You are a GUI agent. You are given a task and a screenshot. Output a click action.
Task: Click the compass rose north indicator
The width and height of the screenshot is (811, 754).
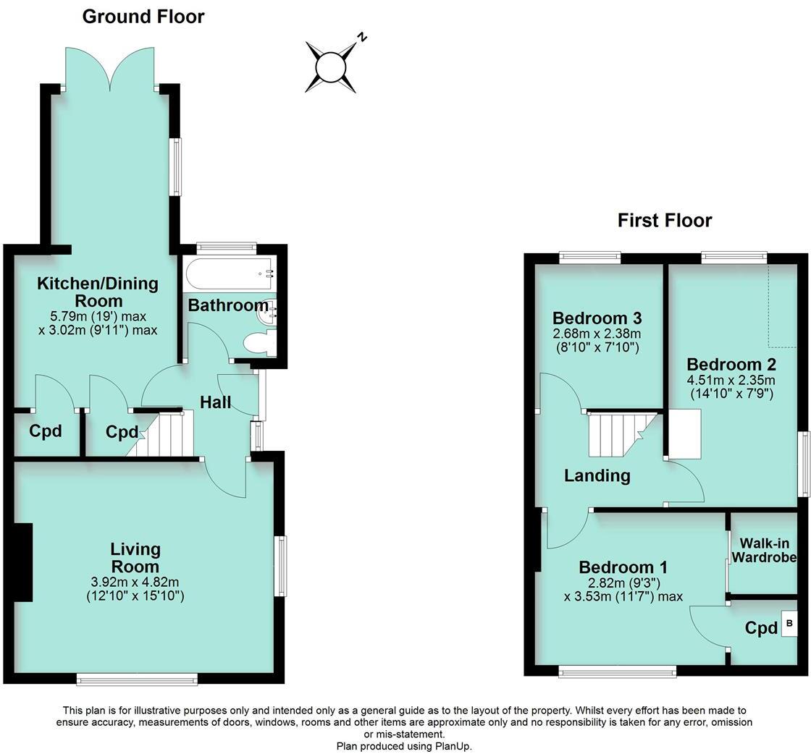coord(332,67)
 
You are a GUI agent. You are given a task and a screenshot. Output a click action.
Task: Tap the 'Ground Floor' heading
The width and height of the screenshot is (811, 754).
coord(143,17)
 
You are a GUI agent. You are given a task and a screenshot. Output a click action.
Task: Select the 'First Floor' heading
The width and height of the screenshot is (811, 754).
coord(664,220)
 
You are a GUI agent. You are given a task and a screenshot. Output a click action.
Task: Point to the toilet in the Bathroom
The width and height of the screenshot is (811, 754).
coord(257,342)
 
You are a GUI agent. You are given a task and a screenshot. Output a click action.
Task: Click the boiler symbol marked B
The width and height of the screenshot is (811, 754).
coord(789,623)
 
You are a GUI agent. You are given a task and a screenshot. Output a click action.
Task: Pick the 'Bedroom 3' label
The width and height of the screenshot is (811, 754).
coord(597,318)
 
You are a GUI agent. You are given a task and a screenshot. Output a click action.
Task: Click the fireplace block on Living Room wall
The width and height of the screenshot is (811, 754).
coord(23,562)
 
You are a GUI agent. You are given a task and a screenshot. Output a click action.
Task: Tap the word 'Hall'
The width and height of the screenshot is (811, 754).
coord(216,402)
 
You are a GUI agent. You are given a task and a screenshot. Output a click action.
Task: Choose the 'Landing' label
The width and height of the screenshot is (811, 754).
coord(597,475)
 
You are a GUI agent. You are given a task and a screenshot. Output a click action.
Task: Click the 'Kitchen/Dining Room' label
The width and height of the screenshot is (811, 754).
coord(98,292)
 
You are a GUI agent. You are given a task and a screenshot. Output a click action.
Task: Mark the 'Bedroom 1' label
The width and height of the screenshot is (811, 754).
coord(623,567)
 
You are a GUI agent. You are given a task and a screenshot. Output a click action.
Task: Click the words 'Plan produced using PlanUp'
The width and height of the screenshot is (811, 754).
coord(404,745)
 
